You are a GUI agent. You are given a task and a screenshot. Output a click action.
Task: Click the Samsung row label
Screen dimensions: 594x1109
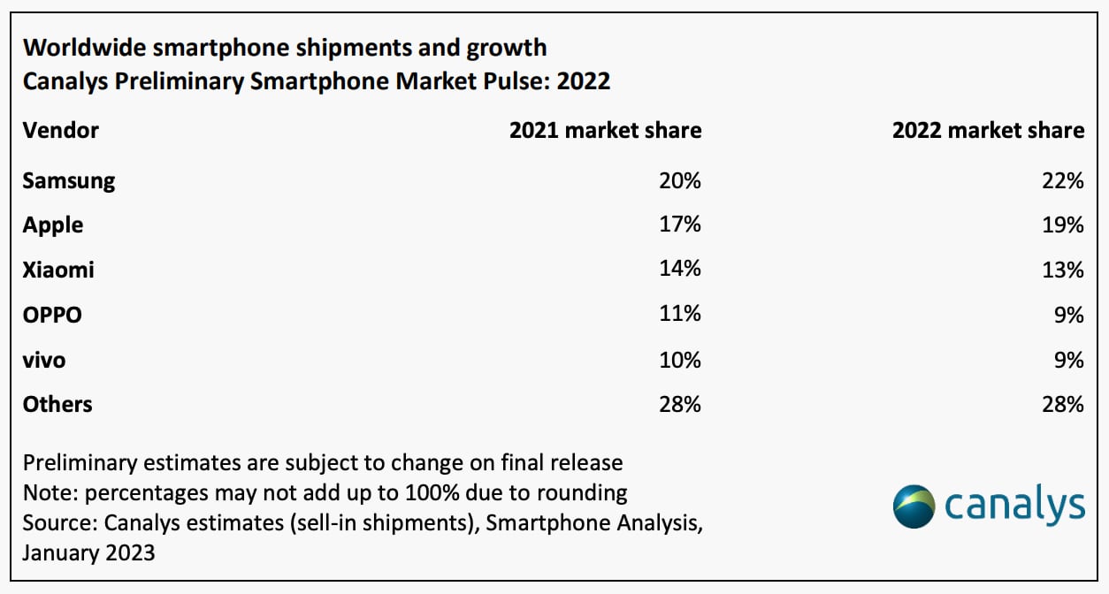[69, 181]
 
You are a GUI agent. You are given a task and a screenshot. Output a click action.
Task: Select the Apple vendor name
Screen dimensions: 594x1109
[53, 225]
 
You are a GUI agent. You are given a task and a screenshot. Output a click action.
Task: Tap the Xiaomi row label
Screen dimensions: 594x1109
[58, 270]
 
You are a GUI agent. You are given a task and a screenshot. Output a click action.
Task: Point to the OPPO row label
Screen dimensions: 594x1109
[52, 314]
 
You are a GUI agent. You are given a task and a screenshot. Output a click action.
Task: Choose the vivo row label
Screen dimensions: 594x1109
[44, 360]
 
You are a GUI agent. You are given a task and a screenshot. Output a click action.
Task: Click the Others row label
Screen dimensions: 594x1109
[57, 404]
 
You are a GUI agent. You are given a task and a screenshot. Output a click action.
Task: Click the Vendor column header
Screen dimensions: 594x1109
[61, 131]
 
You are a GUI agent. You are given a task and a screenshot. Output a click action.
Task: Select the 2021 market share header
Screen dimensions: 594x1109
[605, 131]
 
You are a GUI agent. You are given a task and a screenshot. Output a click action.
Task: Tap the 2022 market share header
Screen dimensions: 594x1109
[988, 131]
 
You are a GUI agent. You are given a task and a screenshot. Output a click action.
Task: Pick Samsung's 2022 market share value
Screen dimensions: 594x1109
[1062, 181]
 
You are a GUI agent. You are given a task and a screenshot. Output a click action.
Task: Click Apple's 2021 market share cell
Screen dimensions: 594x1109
[680, 225]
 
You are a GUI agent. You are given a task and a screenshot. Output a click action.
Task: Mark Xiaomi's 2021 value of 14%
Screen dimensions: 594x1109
[680, 270]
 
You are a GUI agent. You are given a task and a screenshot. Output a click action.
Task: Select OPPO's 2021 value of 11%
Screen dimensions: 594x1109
[680, 314]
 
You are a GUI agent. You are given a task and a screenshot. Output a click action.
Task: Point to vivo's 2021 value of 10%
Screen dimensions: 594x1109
[680, 360]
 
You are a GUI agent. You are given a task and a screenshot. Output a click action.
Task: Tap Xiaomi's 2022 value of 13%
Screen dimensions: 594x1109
[1062, 270]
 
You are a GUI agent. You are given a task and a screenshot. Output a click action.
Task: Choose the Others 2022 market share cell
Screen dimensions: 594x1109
[1062, 404]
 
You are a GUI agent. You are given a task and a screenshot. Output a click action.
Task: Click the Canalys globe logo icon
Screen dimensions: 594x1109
[914, 506]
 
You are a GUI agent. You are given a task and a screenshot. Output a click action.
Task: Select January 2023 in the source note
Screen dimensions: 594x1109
[88, 553]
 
